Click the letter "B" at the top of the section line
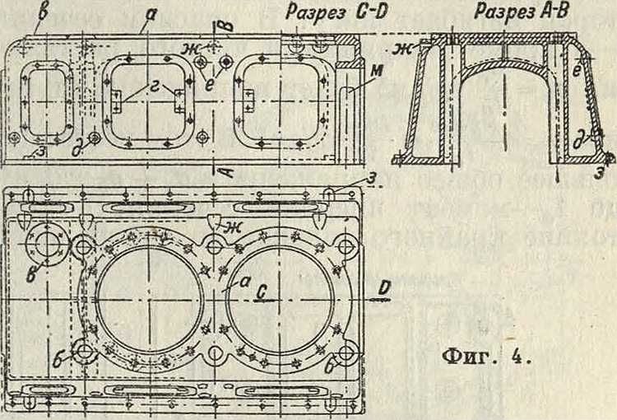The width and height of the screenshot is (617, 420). tap(227, 25)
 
